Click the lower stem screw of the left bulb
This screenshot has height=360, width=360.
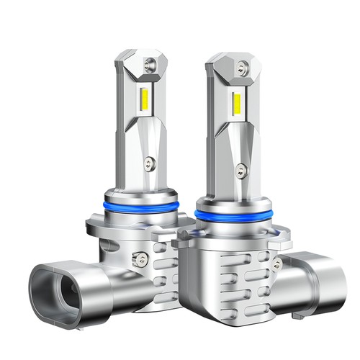[x=147, y=163]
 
